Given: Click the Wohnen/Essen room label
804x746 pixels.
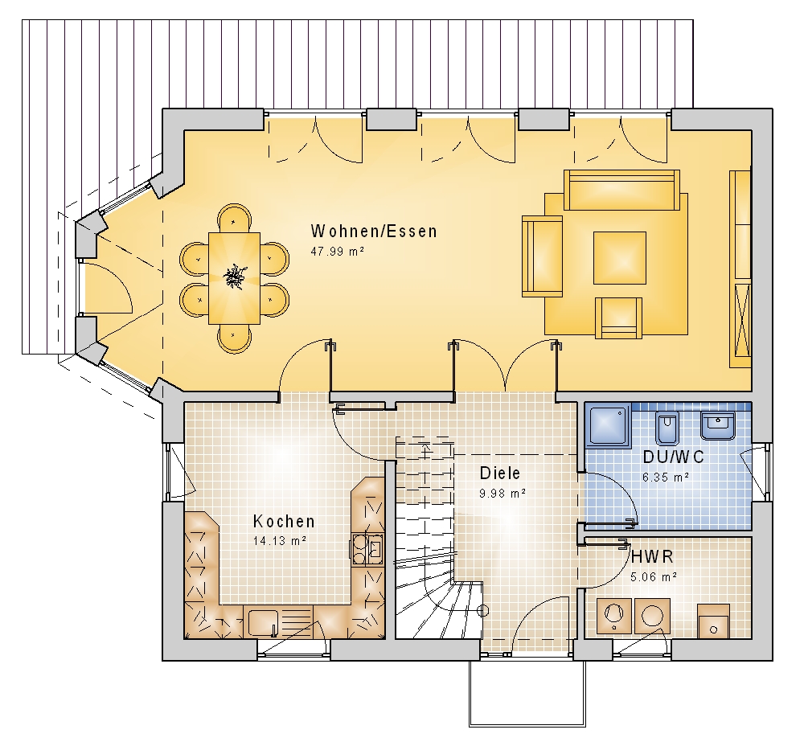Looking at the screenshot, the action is (x=374, y=232).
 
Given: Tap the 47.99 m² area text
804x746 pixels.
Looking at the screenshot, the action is (x=338, y=252).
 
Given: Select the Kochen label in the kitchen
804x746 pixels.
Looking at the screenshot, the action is (x=284, y=522).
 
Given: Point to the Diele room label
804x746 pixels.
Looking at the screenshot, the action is (x=500, y=473).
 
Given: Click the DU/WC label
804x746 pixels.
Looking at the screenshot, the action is (x=673, y=457).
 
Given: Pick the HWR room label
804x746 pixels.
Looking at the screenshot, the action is (x=652, y=556).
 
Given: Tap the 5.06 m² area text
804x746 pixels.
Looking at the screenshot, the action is (x=653, y=577).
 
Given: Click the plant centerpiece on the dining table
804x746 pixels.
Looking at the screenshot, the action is (x=234, y=277).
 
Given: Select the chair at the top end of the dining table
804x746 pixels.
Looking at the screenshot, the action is (x=234, y=217).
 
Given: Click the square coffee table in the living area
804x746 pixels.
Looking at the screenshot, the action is (x=620, y=257).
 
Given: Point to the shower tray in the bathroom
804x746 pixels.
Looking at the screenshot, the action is (x=609, y=425).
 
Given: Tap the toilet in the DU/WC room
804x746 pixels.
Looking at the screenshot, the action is (x=667, y=427).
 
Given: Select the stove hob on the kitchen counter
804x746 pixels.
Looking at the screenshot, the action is (x=367, y=549).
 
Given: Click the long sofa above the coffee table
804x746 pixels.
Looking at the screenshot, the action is (x=622, y=191).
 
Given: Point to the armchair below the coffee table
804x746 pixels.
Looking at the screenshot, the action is (x=618, y=318).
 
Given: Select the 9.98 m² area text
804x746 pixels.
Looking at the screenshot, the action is (x=503, y=494).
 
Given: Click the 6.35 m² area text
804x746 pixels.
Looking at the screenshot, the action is (x=666, y=478).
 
